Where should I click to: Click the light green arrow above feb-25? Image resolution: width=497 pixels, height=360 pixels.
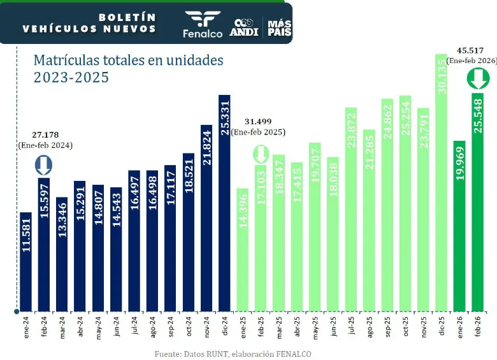[x=261, y=154]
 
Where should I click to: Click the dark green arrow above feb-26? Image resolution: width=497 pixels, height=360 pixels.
[x=478, y=79]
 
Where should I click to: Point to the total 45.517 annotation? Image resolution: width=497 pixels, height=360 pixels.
[x=472, y=50]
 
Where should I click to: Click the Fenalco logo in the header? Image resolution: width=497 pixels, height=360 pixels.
[x=203, y=24]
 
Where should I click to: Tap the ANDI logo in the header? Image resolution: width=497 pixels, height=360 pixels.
[x=245, y=27]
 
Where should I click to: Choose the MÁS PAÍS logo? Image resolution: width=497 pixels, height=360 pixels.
[x=279, y=27]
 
